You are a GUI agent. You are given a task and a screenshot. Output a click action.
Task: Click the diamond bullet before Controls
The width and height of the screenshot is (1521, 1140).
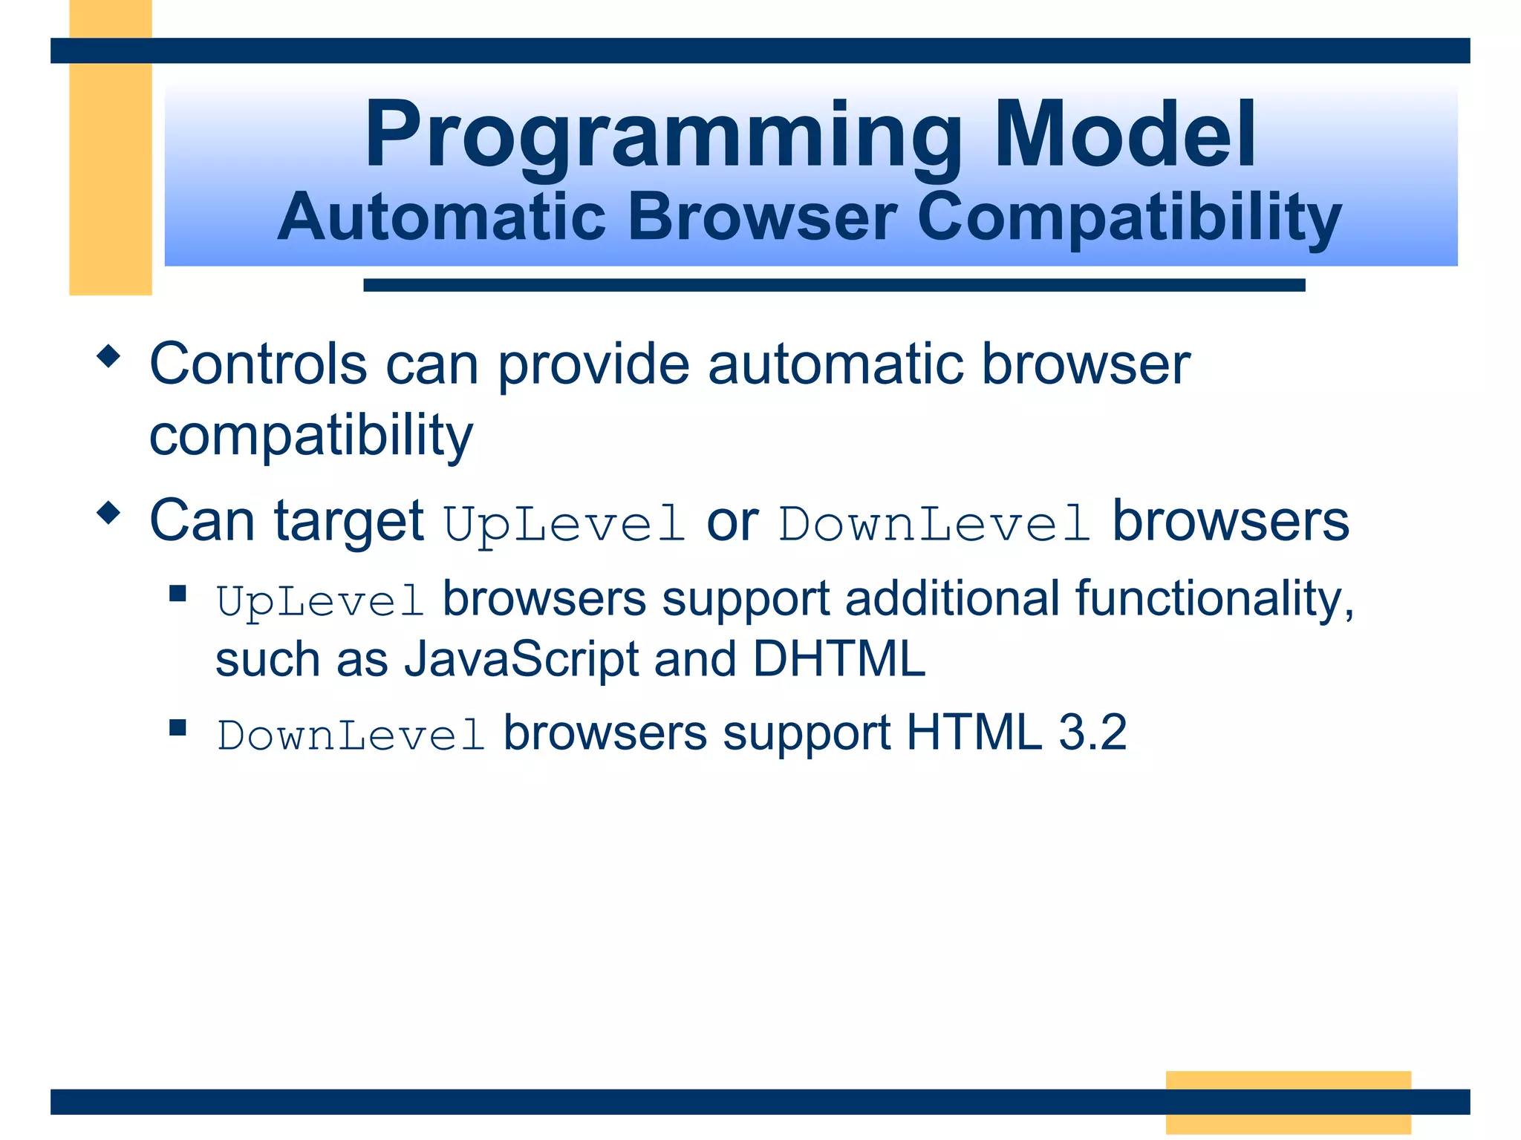point(108,356)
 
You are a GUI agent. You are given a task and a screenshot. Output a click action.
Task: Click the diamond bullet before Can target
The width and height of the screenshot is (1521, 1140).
point(108,513)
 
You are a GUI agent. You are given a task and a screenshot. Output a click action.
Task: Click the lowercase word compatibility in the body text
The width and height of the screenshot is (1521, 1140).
point(310,436)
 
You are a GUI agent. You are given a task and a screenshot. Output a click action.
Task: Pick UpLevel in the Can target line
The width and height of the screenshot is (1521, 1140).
point(564,523)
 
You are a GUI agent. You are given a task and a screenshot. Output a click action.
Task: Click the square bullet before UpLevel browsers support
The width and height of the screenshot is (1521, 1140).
point(177,593)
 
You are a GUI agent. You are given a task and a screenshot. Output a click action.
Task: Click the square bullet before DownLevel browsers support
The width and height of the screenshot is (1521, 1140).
point(177,727)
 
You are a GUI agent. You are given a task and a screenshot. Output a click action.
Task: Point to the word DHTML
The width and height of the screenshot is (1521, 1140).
point(839,658)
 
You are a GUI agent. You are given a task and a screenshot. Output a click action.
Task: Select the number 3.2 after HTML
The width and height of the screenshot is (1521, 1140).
point(1092,733)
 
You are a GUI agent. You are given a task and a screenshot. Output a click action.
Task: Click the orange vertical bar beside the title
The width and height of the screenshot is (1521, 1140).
point(111,178)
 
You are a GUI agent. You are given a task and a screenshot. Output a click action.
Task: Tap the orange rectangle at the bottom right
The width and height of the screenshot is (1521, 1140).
point(1288,1101)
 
